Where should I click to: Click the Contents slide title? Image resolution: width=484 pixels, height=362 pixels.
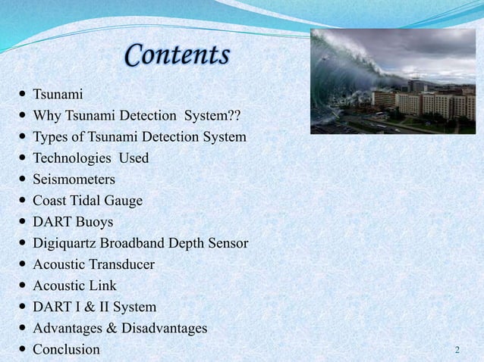tap(177, 55)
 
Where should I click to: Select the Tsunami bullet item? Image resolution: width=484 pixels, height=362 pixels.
tap(58, 95)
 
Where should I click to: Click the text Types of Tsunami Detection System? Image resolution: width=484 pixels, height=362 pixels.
tap(139, 137)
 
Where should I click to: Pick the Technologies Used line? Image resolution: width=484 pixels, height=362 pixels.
tap(90, 158)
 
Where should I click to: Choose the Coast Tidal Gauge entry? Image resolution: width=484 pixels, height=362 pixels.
tap(87, 201)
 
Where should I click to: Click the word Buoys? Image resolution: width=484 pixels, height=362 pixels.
tap(94, 222)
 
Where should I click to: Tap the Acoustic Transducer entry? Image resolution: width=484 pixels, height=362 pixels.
tap(93, 264)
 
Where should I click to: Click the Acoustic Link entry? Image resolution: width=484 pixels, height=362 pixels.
tap(74, 286)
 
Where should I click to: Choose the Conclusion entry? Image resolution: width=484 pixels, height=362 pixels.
tap(66, 349)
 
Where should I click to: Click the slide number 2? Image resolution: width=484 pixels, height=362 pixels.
tap(457, 350)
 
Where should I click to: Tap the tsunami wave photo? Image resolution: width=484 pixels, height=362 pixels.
tap(392, 81)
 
